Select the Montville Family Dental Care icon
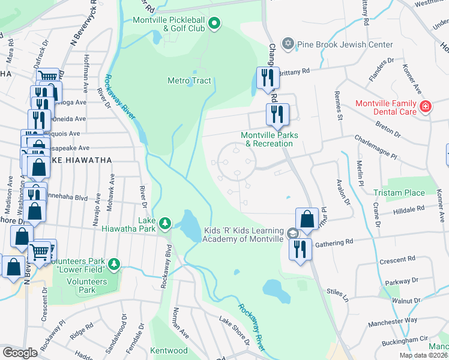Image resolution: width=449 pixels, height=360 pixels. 425,107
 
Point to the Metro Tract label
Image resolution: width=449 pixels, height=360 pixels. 189,80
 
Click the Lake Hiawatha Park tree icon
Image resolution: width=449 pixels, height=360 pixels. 165,224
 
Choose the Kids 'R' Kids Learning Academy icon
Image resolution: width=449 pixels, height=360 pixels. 292,233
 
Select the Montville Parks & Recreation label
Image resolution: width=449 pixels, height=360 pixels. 270,139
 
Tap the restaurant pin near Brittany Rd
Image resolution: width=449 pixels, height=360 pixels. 267,77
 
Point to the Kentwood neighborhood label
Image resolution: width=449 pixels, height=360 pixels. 169,350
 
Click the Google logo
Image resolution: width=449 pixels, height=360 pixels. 20,353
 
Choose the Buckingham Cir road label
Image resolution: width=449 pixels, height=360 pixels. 407,340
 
